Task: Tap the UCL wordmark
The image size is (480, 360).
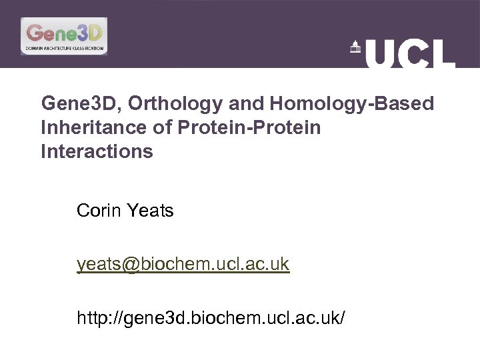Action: (410, 53)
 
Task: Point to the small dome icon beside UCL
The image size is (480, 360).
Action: (355, 47)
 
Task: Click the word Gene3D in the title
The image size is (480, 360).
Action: (80, 104)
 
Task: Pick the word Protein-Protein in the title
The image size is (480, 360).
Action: (249, 127)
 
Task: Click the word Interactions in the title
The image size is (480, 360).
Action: (97, 151)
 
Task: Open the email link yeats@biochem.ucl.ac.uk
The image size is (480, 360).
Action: (183, 265)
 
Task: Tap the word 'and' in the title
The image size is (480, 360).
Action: (247, 104)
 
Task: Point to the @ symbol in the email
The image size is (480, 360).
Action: (129, 265)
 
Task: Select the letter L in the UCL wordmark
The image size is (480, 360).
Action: (443, 53)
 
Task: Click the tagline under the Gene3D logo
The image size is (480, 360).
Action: (64, 49)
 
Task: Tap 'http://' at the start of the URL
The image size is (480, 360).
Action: (97, 318)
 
